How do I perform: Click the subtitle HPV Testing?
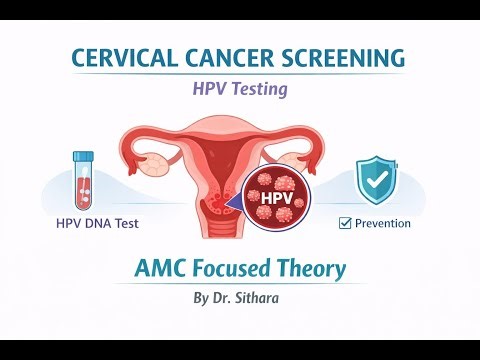pyautogui.click(x=240, y=89)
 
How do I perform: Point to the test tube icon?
pyautogui.click(x=84, y=179)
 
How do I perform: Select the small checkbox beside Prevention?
pyautogui.click(x=345, y=223)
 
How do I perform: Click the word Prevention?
pyautogui.click(x=382, y=223)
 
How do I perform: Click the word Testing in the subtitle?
pyautogui.click(x=259, y=89)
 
